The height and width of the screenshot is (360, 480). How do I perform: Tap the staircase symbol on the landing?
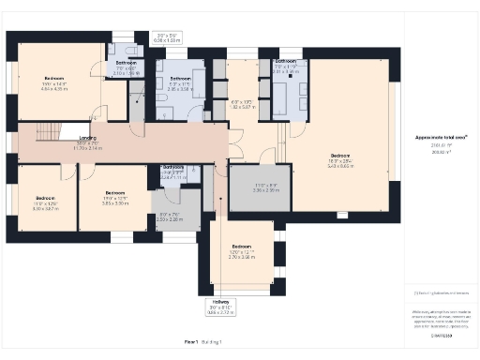pyautogui.click(x=47, y=131)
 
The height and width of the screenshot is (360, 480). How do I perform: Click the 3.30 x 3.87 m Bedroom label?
pyautogui.click(x=46, y=203)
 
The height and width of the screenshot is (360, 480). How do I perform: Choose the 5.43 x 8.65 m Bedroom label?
pyautogui.click(x=339, y=159)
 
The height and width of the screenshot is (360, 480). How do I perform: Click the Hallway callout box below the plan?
pyautogui.click(x=219, y=306)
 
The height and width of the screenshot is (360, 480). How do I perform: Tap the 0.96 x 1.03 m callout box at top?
pyautogui.click(x=166, y=38)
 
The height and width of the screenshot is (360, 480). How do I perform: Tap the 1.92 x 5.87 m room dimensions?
pyautogui.click(x=243, y=103)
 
